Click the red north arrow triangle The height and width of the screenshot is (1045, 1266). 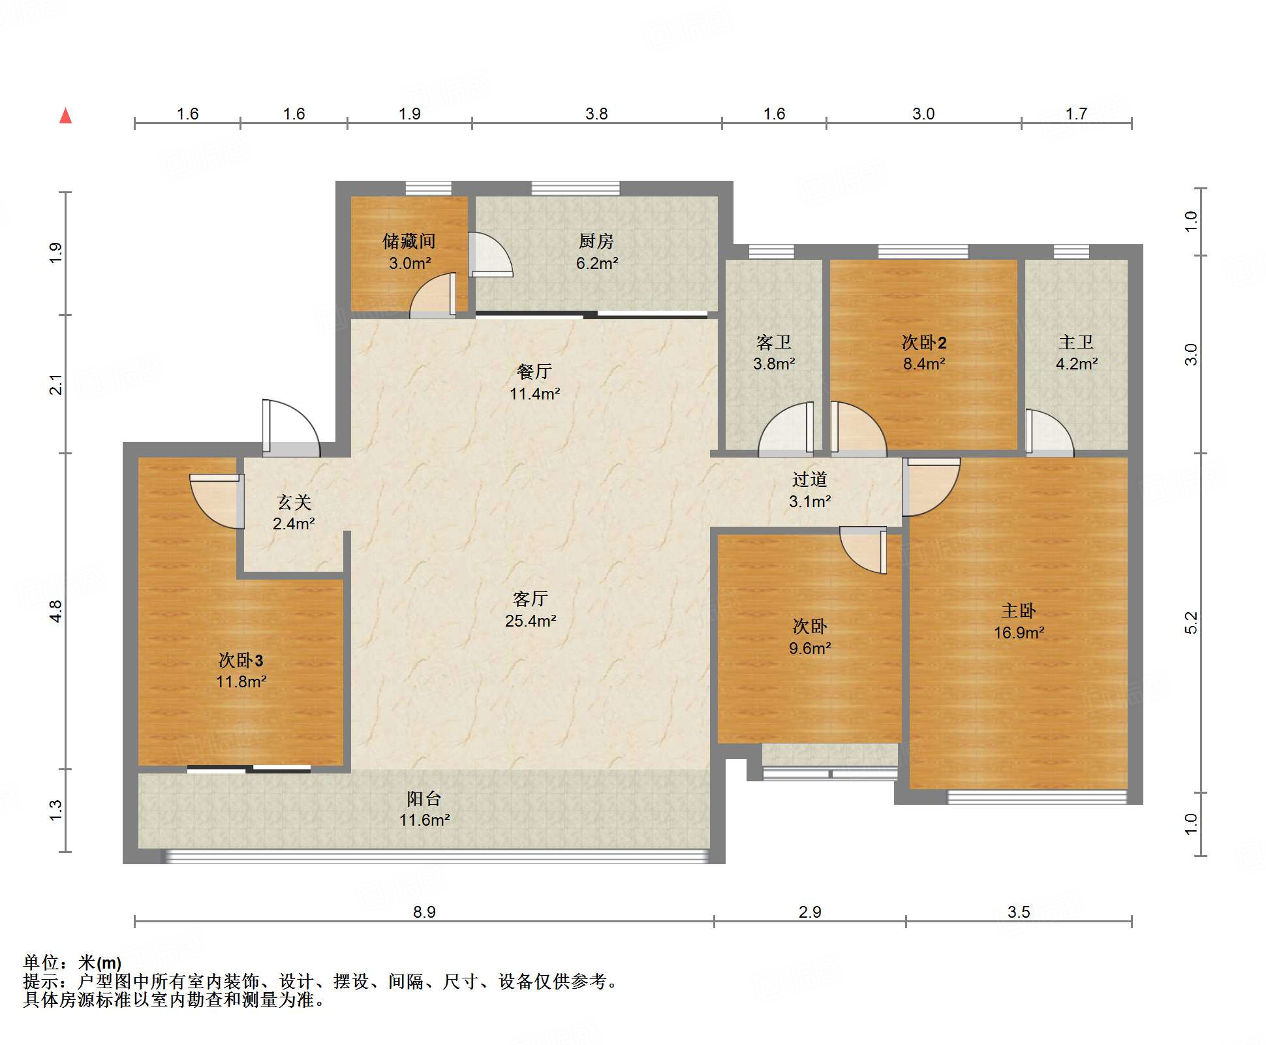[65, 116]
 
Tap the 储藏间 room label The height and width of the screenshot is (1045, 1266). [409, 242]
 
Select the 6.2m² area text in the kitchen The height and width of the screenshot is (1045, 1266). [596, 264]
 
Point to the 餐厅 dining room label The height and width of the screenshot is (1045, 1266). [534, 372]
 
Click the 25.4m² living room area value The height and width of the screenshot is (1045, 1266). [531, 621]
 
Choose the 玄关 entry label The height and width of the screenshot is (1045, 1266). [294, 502]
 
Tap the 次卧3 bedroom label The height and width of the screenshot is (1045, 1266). [241, 661]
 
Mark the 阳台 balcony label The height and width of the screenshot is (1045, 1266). [424, 798]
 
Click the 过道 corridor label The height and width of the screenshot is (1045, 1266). [810, 480]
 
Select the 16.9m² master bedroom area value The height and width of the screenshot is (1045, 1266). [1019, 632]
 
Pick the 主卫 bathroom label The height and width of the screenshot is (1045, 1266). [1076, 342]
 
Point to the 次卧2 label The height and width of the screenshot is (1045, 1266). [924, 342]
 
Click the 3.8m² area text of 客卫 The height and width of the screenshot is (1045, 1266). [774, 364]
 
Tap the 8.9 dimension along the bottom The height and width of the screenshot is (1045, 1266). [424, 912]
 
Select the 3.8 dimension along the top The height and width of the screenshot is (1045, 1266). [596, 114]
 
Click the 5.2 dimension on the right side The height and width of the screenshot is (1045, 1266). [1191, 623]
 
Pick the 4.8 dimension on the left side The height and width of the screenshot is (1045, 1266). [55, 611]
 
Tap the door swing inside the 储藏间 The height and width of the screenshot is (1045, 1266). [433, 296]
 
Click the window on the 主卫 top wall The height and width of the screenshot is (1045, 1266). [1071, 252]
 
